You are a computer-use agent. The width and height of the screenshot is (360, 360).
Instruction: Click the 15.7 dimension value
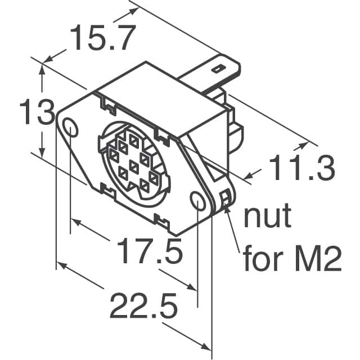pos(102,39)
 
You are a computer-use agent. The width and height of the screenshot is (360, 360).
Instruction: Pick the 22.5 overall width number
pos(143,307)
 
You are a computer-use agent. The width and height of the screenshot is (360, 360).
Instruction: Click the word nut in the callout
pos(267,217)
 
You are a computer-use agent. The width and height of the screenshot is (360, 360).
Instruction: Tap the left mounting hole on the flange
pos(71,128)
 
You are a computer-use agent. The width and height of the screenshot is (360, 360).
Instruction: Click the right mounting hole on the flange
pos(197,201)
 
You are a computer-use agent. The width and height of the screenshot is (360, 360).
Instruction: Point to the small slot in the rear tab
pos(217,70)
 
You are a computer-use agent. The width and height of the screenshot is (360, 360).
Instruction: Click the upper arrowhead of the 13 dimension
pos(42,69)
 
